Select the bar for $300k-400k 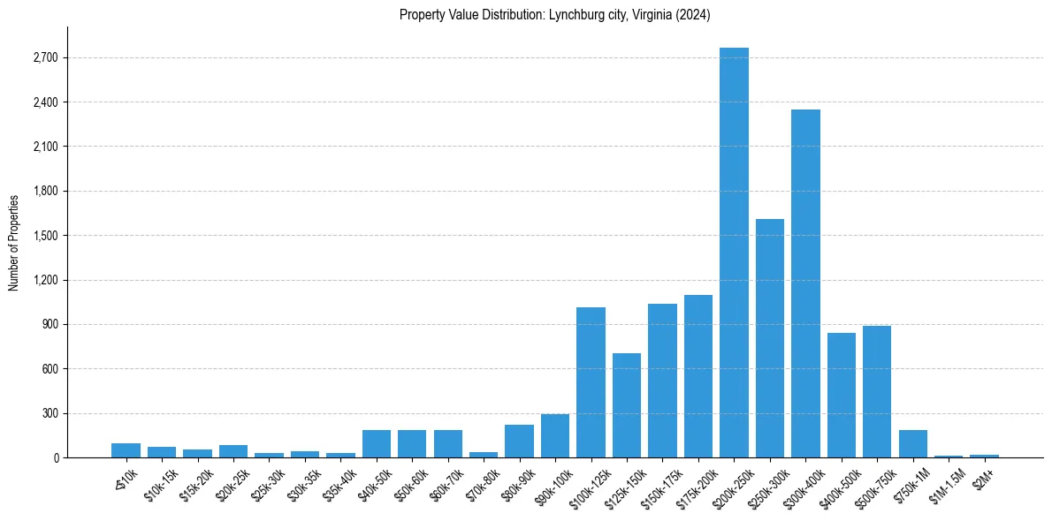[805, 283]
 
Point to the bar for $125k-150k [627, 405]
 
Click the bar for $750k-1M [913, 443]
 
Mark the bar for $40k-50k [377, 443]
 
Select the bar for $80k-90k [519, 441]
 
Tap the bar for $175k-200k [698, 376]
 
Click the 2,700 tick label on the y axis [45, 58]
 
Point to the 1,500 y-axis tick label [45, 236]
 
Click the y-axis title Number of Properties [14, 242]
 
